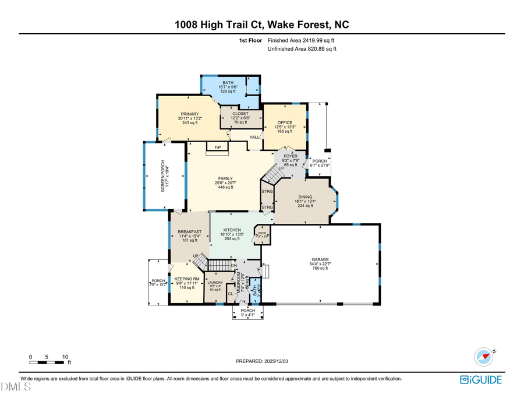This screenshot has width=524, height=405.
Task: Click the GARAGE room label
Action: (320, 260)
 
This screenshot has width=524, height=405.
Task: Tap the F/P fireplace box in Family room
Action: (217, 148)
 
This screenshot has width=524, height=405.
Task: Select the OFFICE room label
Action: (285, 122)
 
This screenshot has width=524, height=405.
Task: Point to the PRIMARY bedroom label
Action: (190, 114)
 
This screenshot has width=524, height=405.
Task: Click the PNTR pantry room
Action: (261, 234)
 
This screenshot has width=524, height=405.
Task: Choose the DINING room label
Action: (305, 197)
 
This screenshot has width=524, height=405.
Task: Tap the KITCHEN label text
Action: (232, 231)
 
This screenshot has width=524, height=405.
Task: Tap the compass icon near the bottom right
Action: (484, 355)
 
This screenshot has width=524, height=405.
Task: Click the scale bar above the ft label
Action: (50, 362)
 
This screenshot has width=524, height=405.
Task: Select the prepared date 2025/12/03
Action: (261, 361)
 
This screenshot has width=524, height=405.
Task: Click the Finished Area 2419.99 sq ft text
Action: (300, 41)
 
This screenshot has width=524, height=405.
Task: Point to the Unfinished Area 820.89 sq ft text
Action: (302, 50)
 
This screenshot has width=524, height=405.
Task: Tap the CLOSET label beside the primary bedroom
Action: (240, 114)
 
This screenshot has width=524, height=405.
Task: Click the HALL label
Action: (254, 137)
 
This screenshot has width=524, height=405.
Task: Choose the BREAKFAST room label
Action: (190, 232)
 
